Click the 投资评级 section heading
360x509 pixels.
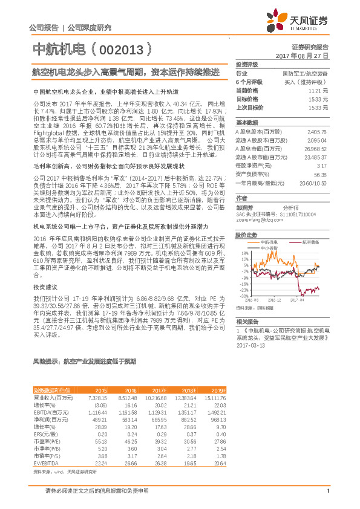[x=247, y=63]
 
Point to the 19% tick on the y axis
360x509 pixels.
[x=244, y=253]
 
